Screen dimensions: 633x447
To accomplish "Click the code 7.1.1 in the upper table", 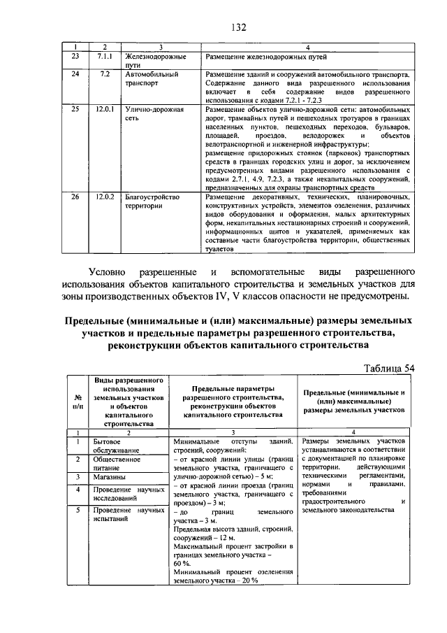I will (105, 55).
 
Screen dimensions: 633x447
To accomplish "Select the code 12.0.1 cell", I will (105, 110).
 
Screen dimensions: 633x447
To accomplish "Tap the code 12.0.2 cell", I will (105, 197).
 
